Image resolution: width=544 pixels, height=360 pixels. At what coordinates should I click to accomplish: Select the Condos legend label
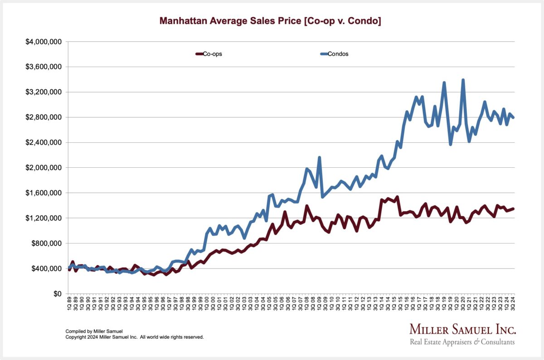click(338, 54)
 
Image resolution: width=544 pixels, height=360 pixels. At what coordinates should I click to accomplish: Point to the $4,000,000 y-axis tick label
click(44, 42)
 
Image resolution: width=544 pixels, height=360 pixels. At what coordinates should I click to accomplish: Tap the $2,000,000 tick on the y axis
click(44, 168)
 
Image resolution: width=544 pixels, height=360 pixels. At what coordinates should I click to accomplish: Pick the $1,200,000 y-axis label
click(44, 218)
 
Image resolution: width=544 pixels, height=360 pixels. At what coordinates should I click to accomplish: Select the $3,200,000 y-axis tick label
click(44, 92)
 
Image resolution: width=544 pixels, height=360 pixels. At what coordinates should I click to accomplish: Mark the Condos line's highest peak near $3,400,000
click(463, 80)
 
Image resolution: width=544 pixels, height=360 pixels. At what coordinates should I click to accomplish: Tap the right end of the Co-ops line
click(514, 209)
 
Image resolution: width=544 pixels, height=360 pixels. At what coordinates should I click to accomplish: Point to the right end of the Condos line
click(514, 117)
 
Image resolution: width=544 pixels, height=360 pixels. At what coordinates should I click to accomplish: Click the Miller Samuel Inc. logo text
click(462, 329)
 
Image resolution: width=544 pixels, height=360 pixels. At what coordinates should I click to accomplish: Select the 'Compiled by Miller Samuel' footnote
click(94, 331)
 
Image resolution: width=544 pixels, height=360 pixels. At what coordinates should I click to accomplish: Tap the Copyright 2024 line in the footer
click(135, 337)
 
